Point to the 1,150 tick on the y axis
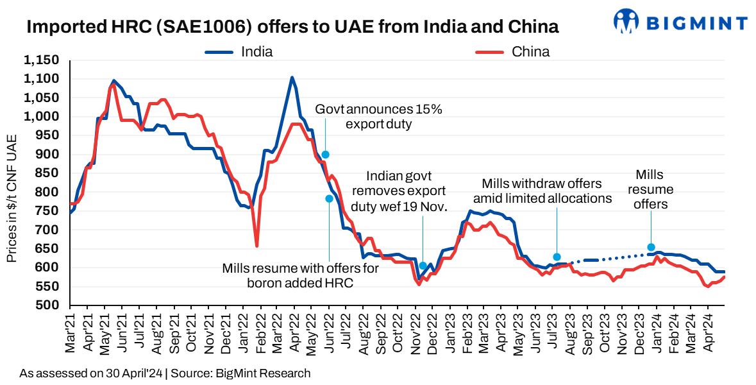[x=41, y=60]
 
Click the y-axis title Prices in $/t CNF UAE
[x=12, y=193]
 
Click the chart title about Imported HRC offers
[x=292, y=27]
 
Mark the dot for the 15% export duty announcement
[x=325, y=155]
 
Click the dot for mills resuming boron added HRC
[x=329, y=199]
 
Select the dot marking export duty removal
[x=423, y=266]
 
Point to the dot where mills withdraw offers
[x=557, y=257]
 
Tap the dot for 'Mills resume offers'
[x=651, y=248]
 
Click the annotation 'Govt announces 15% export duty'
[x=378, y=116]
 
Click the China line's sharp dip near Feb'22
[x=256, y=245]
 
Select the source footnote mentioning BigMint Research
[x=165, y=373]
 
